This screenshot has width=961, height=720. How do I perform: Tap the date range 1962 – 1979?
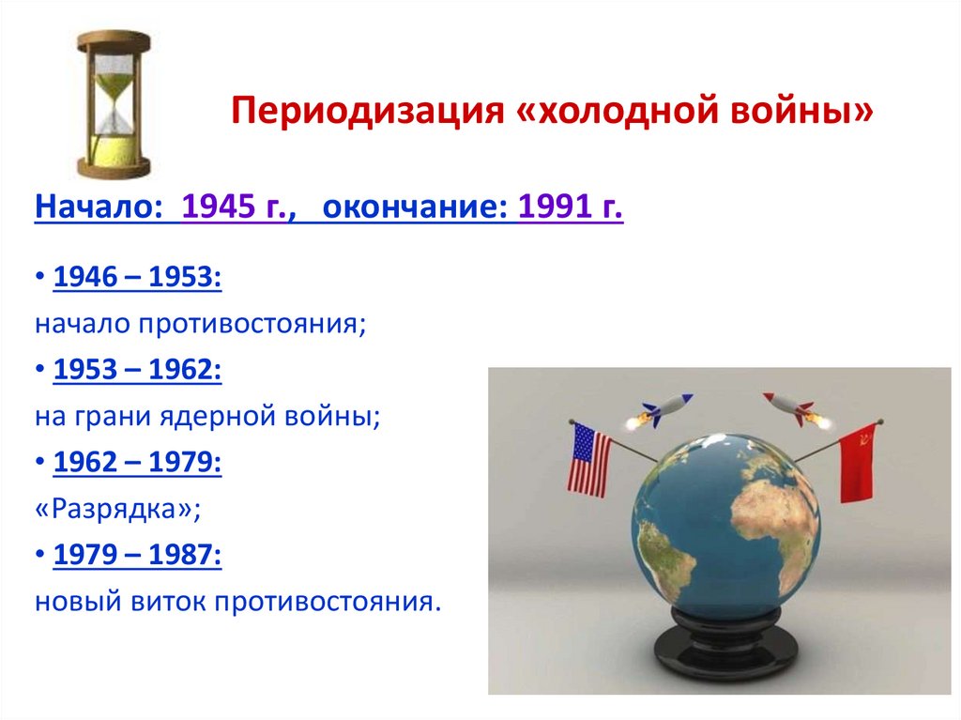(x=138, y=463)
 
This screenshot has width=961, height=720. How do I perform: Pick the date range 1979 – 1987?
(x=138, y=555)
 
